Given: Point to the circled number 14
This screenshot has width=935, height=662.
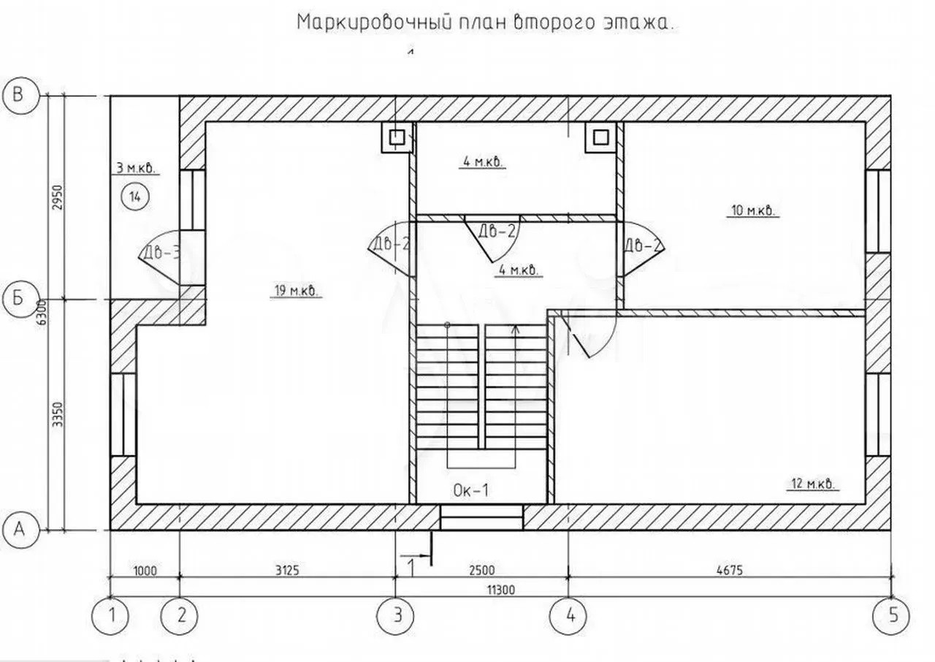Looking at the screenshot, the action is pos(136,196).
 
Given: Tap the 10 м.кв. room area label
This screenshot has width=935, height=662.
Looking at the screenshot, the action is pos(752,211).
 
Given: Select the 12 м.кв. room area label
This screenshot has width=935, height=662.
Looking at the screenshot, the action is pos(813,484).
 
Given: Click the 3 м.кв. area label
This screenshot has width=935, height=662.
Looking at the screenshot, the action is pos(136,168).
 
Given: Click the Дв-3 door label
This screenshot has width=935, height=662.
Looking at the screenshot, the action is pos(161,254).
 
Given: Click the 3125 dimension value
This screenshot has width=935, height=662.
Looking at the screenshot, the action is pos(289,570).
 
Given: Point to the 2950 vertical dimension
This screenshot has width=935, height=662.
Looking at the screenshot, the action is pos(59,196).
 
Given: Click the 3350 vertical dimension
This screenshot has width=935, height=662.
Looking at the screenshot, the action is pos(59,414).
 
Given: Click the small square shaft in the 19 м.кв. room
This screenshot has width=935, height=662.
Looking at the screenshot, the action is pos(397,137).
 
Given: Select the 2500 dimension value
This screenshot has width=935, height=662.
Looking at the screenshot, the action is pos(481,570).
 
